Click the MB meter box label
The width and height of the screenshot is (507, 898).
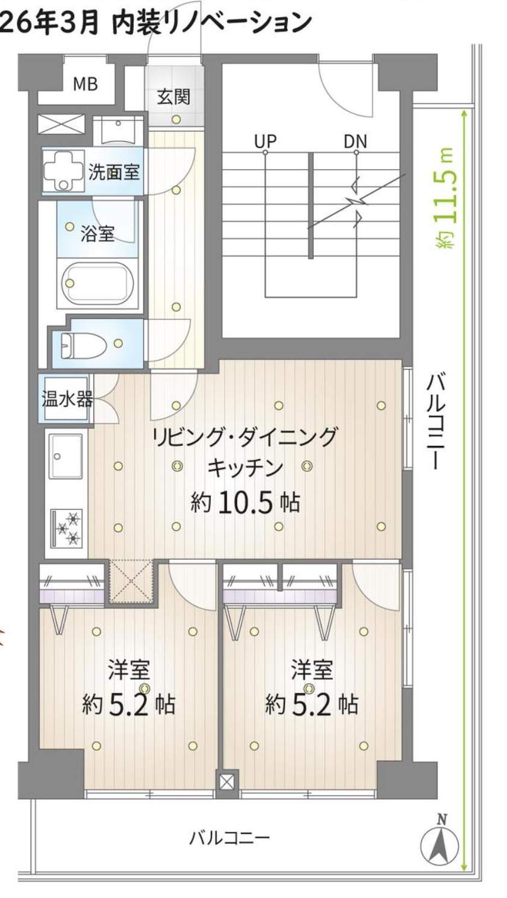click(85, 84)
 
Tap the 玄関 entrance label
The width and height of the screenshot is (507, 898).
click(173, 97)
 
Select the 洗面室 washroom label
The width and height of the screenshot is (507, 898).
click(114, 172)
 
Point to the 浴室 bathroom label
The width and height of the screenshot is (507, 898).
click(98, 234)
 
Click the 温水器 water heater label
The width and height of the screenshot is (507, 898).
click(67, 398)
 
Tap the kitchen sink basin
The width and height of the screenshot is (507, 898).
click(66, 457)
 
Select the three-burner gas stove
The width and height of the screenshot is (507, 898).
click(67, 529)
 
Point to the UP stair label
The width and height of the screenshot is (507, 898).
click(266, 141)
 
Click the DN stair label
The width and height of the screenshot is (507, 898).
click(355, 141)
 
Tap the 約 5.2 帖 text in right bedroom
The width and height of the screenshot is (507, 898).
click(312, 704)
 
